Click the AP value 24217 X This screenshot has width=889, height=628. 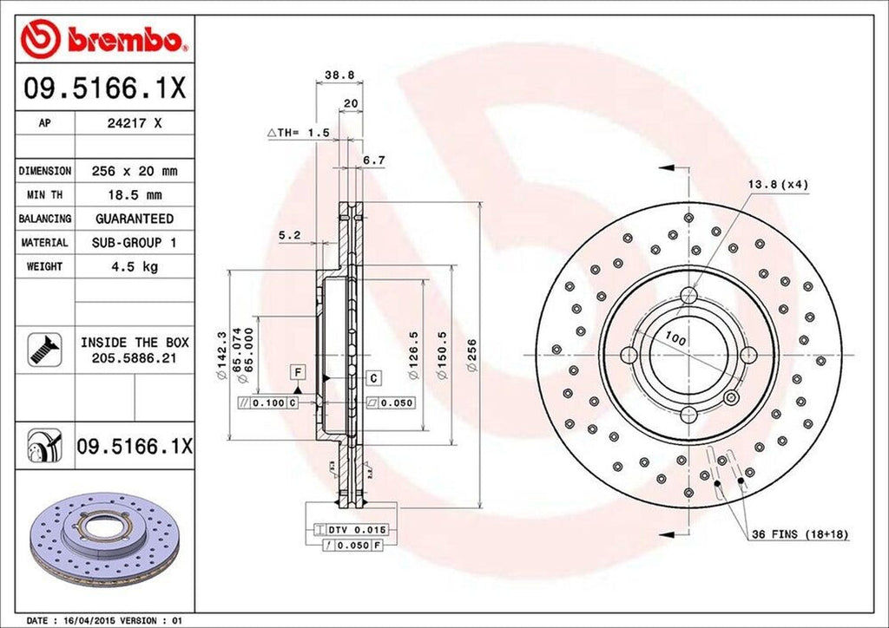coord(135,123)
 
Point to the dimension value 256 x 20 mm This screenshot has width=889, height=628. coord(135,171)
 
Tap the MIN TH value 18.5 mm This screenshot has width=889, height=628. coord(135,195)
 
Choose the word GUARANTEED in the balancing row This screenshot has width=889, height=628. coord(135,219)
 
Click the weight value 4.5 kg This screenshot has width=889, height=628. coord(135,266)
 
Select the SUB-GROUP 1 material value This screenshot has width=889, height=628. coord(135,243)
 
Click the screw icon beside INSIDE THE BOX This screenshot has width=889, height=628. coord(42,349)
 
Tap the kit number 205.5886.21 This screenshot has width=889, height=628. coord(135,357)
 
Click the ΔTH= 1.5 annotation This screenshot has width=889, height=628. coord(298,133)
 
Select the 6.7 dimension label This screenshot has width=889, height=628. coord(373,160)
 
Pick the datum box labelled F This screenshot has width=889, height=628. coord(298,372)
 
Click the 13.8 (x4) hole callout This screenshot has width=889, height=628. coord(777,185)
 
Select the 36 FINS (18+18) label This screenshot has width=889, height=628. coord(800,535)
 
